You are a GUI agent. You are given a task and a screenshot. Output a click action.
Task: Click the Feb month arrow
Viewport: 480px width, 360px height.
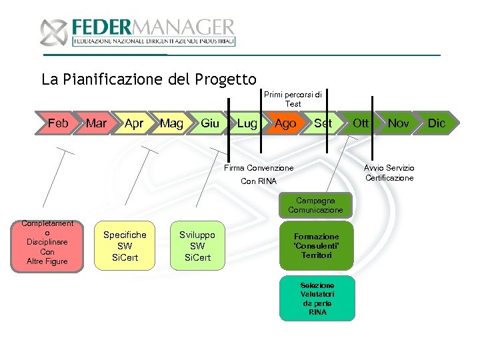[x=58, y=123]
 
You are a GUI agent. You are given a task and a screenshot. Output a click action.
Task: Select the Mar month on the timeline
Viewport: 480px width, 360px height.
[x=97, y=123]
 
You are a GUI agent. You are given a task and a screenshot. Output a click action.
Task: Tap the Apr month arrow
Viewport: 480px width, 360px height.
[x=134, y=123]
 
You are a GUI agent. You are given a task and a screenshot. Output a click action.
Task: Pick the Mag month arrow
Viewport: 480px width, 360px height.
[x=172, y=123]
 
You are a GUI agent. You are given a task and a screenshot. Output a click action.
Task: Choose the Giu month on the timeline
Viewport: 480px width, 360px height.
[x=210, y=123]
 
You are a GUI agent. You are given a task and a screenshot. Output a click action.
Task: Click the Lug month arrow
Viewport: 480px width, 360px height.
[x=247, y=123]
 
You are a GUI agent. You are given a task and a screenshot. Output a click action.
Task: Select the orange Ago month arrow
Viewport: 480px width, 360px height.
[x=285, y=123]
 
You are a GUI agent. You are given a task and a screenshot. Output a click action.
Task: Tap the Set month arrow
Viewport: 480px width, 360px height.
[x=323, y=123]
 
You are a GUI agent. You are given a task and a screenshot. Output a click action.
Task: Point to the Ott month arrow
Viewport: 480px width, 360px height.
[x=361, y=123]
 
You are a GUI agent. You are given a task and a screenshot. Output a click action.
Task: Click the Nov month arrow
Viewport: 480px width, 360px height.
[x=399, y=123]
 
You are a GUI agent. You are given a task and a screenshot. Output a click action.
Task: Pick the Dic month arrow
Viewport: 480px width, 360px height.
[x=436, y=123]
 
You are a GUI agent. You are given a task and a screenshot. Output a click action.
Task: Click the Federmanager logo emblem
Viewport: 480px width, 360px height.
[x=54, y=33]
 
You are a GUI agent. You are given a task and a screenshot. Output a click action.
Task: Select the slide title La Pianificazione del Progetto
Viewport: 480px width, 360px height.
[x=149, y=79]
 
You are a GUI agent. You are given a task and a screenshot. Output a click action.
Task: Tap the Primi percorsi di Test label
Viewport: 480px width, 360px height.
[x=293, y=99]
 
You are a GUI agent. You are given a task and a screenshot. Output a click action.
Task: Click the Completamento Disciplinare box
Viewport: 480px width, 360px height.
[x=47, y=243]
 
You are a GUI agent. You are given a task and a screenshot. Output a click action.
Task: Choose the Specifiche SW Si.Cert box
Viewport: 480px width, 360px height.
[x=125, y=246]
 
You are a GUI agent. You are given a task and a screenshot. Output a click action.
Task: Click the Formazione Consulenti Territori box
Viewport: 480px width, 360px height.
[x=317, y=246]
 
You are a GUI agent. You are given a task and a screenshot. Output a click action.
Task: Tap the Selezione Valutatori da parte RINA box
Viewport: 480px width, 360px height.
[x=317, y=298]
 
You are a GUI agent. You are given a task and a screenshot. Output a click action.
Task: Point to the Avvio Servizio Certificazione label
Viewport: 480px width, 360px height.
[x=389, y=173]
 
